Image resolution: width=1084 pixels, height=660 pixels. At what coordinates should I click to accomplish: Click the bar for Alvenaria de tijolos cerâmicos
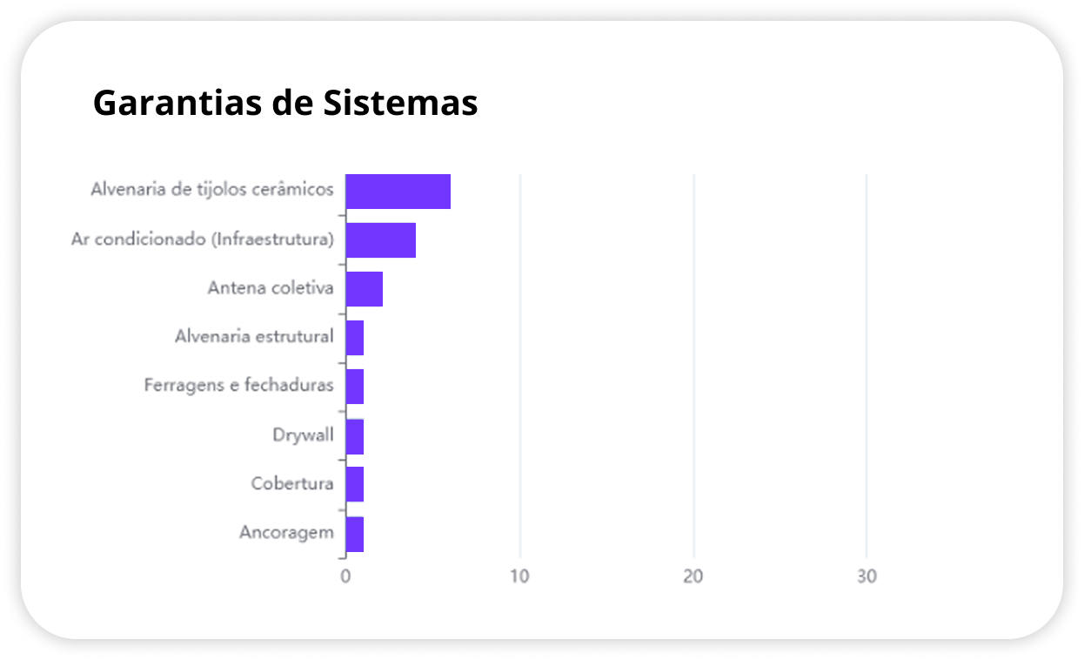tap(398, 192)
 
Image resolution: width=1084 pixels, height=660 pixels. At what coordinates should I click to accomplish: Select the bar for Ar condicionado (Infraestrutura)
tap(380, 240)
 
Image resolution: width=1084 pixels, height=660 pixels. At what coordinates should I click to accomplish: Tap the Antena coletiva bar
tap(364, 289)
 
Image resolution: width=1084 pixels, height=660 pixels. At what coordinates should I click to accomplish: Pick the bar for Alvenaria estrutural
tap(354, 338)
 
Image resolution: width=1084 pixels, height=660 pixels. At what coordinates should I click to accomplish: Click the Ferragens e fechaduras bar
tap(354, 387)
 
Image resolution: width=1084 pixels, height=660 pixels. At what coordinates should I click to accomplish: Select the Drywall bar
tap(354, 436)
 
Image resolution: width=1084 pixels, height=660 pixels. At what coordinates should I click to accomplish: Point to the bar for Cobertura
tap(354, 484)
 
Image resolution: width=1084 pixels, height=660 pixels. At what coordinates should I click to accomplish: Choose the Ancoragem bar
tap(354, 534)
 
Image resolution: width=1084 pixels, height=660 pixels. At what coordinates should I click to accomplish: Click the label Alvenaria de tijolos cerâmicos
tap(212, 189)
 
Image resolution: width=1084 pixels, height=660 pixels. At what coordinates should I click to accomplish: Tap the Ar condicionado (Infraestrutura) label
tap(203, 239)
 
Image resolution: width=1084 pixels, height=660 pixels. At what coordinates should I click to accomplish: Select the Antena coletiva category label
tap(271, 287)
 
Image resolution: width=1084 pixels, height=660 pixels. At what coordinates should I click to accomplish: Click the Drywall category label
tap(303, 434)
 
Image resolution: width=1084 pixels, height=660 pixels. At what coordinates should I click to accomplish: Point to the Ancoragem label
tap(286, 532)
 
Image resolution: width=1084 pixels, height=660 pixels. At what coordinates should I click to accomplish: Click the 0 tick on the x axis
tap(345, 576)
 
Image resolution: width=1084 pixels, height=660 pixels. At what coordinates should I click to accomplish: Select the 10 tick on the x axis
tap(519, 576)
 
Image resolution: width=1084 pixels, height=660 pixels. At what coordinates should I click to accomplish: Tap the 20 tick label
tap(693, 576)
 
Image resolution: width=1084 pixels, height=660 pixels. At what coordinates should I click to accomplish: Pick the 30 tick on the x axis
tap(867, 576)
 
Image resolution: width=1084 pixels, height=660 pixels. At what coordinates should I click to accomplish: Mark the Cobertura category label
tap(292, 483)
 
